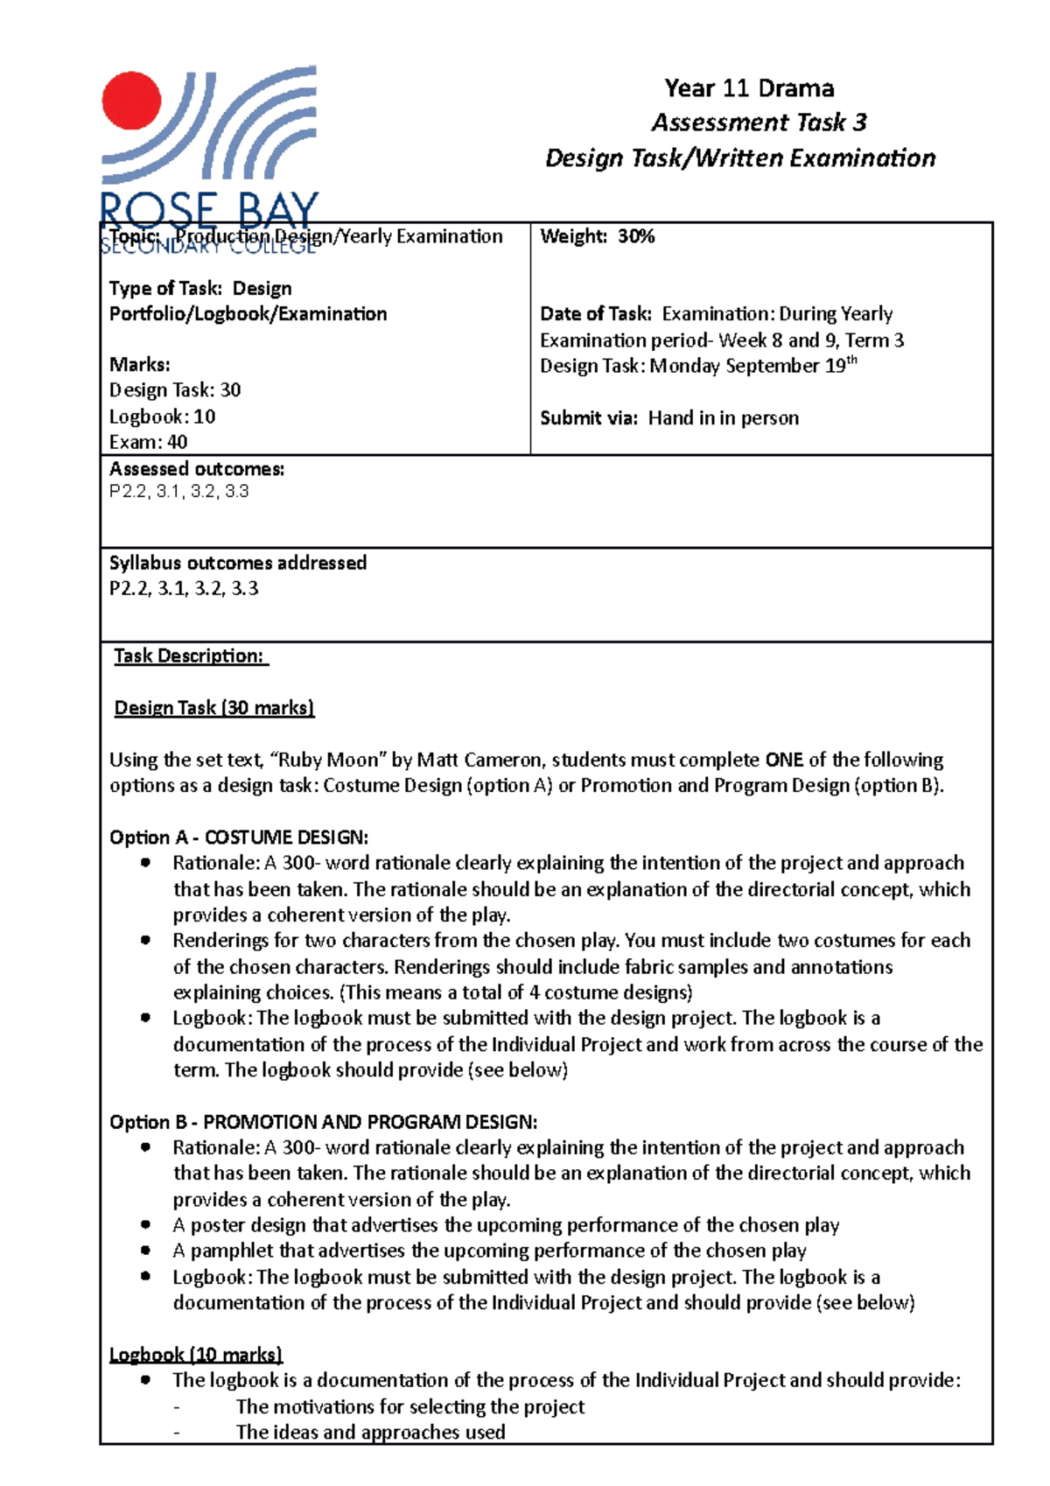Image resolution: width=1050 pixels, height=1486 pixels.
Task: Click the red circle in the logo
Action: (131, 101)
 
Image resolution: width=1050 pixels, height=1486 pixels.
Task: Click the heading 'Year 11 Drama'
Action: (749, 88)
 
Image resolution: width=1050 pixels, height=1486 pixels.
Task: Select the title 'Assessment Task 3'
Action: (759, 123)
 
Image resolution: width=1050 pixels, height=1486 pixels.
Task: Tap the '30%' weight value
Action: (636, 236)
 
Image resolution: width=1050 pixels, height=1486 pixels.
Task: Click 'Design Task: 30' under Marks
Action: (175, 390)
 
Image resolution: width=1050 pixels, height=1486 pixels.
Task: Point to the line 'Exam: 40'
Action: (148, 442)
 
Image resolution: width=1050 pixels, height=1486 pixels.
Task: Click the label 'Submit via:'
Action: (589, 418)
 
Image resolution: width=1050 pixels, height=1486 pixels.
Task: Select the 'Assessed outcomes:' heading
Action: (197, 469)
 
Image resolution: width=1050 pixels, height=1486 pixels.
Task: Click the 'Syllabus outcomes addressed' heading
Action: (238, 563)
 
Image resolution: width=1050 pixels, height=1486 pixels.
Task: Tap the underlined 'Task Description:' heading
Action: (190, 656)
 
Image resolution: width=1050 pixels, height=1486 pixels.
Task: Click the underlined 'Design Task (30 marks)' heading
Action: (214, 708)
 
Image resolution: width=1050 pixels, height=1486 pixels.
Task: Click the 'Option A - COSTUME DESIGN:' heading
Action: (239, 838)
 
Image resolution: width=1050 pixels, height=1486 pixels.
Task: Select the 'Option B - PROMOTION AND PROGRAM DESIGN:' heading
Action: (323, 1122)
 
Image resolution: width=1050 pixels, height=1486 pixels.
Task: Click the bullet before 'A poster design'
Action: (145, 1225)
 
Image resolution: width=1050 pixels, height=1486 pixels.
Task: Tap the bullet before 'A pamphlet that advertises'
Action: (145, 1251)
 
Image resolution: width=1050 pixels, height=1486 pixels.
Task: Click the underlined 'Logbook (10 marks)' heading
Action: (195, 1355)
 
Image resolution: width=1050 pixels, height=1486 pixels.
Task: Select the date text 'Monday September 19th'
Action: (752, 366)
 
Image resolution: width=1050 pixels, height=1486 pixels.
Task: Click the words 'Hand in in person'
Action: (723, 418)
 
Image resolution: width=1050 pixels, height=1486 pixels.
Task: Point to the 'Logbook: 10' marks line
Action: (162, 417)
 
